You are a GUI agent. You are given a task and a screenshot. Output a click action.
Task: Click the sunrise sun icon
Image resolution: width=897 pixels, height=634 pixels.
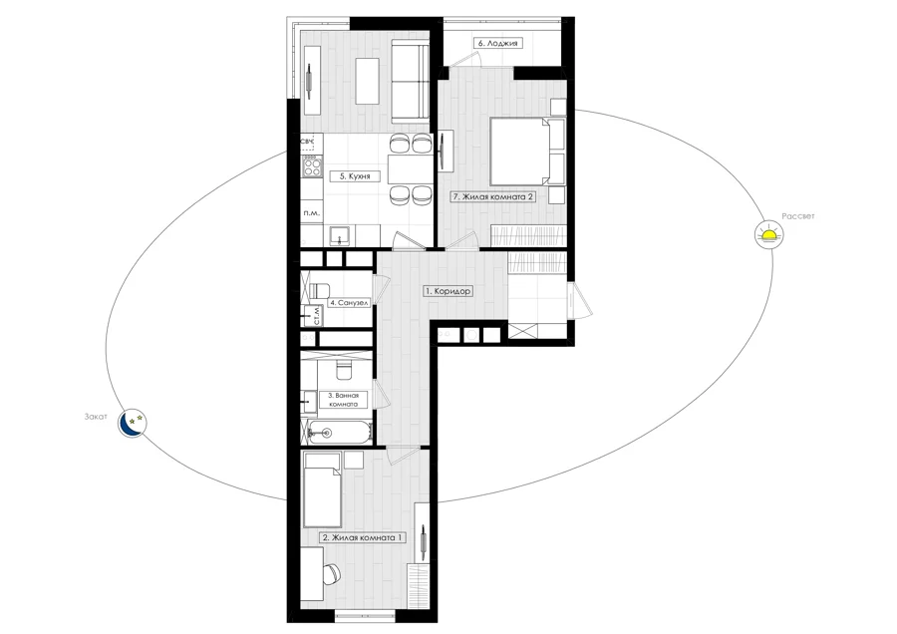[768, 234]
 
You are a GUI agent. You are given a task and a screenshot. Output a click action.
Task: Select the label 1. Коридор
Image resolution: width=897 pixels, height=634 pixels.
[448, 291]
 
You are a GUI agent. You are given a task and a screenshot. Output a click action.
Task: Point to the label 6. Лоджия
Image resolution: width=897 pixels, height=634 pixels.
[497, 43]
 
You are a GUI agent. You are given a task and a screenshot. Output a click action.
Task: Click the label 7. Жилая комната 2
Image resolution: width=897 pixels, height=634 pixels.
[493, 196]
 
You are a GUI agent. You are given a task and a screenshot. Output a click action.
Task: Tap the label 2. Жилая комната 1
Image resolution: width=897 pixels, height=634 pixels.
[363, 538]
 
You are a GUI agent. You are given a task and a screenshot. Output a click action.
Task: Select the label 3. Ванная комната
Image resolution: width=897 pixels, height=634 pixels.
[343, 400]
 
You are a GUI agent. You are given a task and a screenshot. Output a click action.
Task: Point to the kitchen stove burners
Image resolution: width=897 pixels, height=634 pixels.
[312, 166]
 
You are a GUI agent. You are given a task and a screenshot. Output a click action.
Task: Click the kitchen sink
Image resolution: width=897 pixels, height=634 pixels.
[341, 235]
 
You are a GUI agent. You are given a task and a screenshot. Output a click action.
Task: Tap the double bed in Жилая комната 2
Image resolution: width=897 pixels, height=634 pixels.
[526, 152]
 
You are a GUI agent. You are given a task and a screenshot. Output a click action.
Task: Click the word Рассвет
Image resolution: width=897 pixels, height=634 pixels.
[797, 216]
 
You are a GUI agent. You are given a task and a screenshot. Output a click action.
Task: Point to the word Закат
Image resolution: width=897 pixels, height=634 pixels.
[96, 417]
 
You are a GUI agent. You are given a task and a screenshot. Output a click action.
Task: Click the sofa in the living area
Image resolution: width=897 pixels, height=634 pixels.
[411, 82]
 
